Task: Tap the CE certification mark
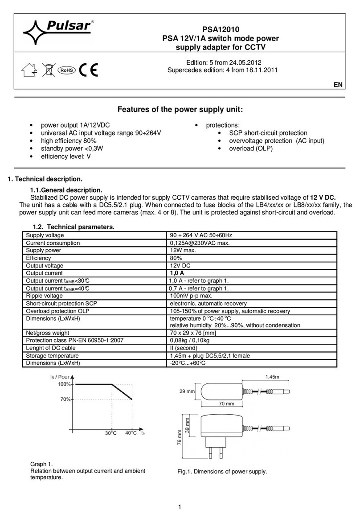pyautogui.click(x=89, y=70)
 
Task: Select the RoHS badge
pyautogui.click(x=66, y=70)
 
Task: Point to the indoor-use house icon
pyautogui.click(x=28, y=70)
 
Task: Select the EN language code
pyautogui.click(x=340, y=85)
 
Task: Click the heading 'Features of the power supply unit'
pyautogui.click(x=180, y=110)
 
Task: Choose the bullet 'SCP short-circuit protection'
pyautogui.click(x=268, y=133)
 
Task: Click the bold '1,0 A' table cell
pyautogui.click(x=178, y=273)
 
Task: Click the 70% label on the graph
pyautogui.click(x=65, y=399)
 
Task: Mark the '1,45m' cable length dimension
pyautogui.click(x=274, y=377)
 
